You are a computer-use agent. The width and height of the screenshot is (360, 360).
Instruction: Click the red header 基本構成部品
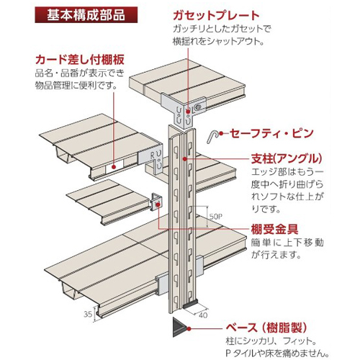pyautogui.click(x=86, y=15)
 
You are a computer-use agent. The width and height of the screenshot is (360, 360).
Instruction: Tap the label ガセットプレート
pyautogui.click(x=216, y=15)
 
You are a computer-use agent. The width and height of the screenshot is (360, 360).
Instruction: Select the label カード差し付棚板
pyautogui.click(x=80, y=60)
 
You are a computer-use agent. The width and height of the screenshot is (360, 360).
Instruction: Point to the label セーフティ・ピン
pyautogui.click(x=271, y=133)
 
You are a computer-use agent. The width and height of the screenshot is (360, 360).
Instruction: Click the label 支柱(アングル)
pyautogui.click(x=287, y=158)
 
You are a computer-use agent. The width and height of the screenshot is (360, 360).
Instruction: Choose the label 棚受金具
pyautogui.click(x=274, y=229)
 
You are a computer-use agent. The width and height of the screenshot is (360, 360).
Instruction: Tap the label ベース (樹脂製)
pyautogui.click(x=266, y=328)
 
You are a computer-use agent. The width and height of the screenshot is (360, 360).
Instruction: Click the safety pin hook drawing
pyautogui.click(x=213, y=136)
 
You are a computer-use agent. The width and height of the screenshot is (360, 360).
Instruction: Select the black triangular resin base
pyautogui.click(x=179, y=327)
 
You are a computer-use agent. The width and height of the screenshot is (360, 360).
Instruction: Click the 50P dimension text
pyautogui.click(x=216, y=217)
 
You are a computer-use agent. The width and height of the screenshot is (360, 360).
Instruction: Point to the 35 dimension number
pyautogui.click(x=88, y=314)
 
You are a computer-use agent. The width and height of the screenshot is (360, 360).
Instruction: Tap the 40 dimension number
pyautogui.click(x=203, y=315)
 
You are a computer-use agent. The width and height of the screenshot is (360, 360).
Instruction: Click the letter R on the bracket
pyautogui.click(x=152, y=156)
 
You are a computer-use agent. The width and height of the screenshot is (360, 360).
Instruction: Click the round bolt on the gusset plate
pyautogui.click(x=198, y=107)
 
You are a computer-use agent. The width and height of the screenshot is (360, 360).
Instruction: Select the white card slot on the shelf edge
pyautogui.click(x=114, y=166)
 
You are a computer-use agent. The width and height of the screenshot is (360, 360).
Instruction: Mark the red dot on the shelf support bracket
pyautogui.click(x=158, y=204)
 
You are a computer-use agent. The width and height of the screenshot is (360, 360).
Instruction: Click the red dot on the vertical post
pyautogui.click(x=184, y=158)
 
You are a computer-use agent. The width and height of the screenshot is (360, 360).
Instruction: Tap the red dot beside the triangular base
pyautogui.click(x=189, y=329)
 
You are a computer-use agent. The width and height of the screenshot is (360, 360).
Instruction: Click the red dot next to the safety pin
pyautogui.click(x=221, y=133)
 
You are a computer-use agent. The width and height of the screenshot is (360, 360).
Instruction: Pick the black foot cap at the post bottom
pyautogui.click(x=190, y=305)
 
